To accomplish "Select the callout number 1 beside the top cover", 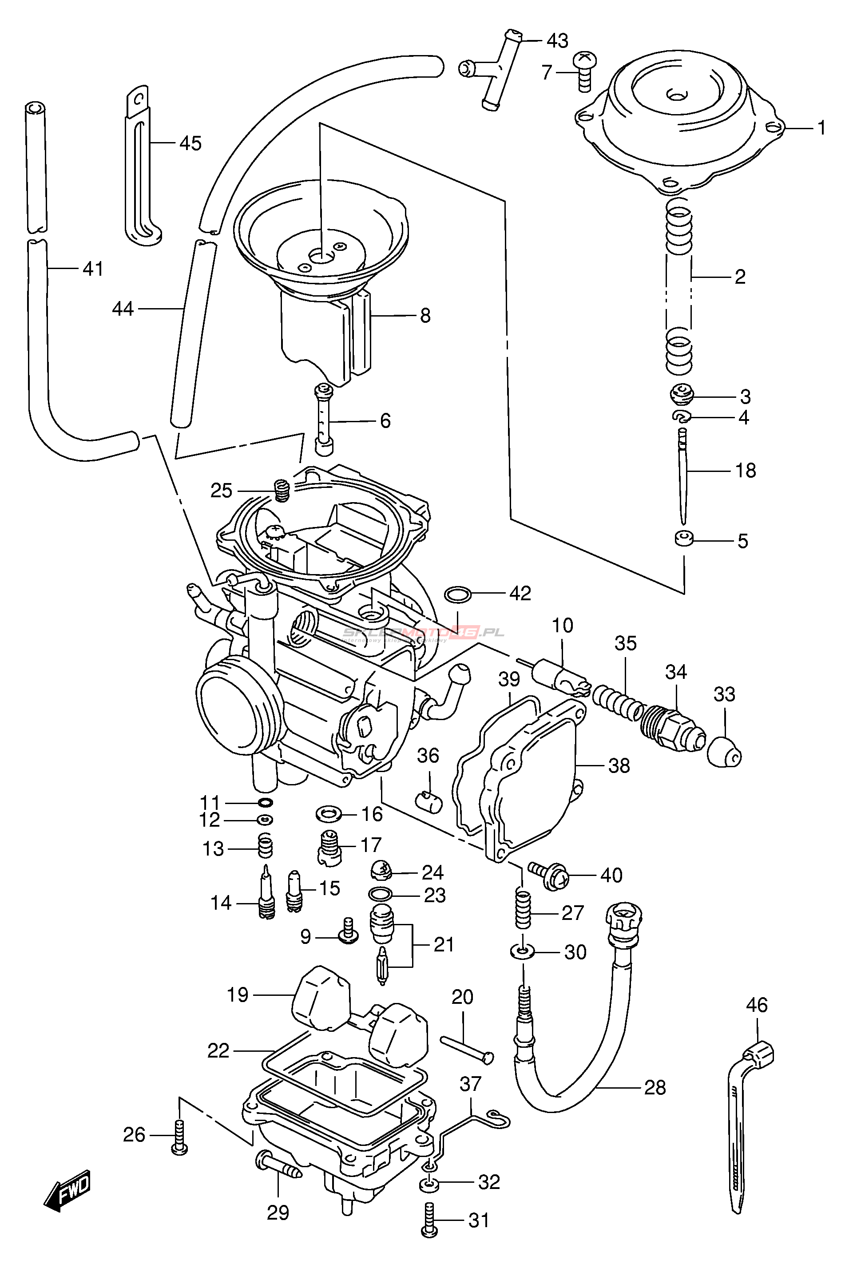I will click(821, 128).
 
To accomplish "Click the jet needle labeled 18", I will click(683, 476).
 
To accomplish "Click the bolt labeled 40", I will click(548, 876).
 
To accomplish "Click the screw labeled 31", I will click(429, 1220).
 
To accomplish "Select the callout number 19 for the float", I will click(238, 994).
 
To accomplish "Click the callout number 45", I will click(190, 143).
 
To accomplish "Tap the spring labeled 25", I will click(282, 491).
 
